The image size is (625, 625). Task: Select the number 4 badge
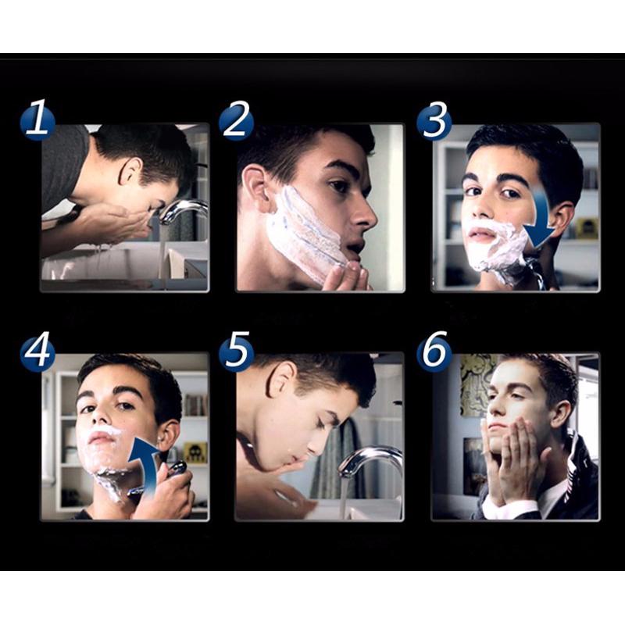[x=37, y=352]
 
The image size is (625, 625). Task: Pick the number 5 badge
[x=235, y=352]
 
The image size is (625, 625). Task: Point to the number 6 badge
[x=434, y=352]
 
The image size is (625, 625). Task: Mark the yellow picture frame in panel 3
[x=585, y=228]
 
